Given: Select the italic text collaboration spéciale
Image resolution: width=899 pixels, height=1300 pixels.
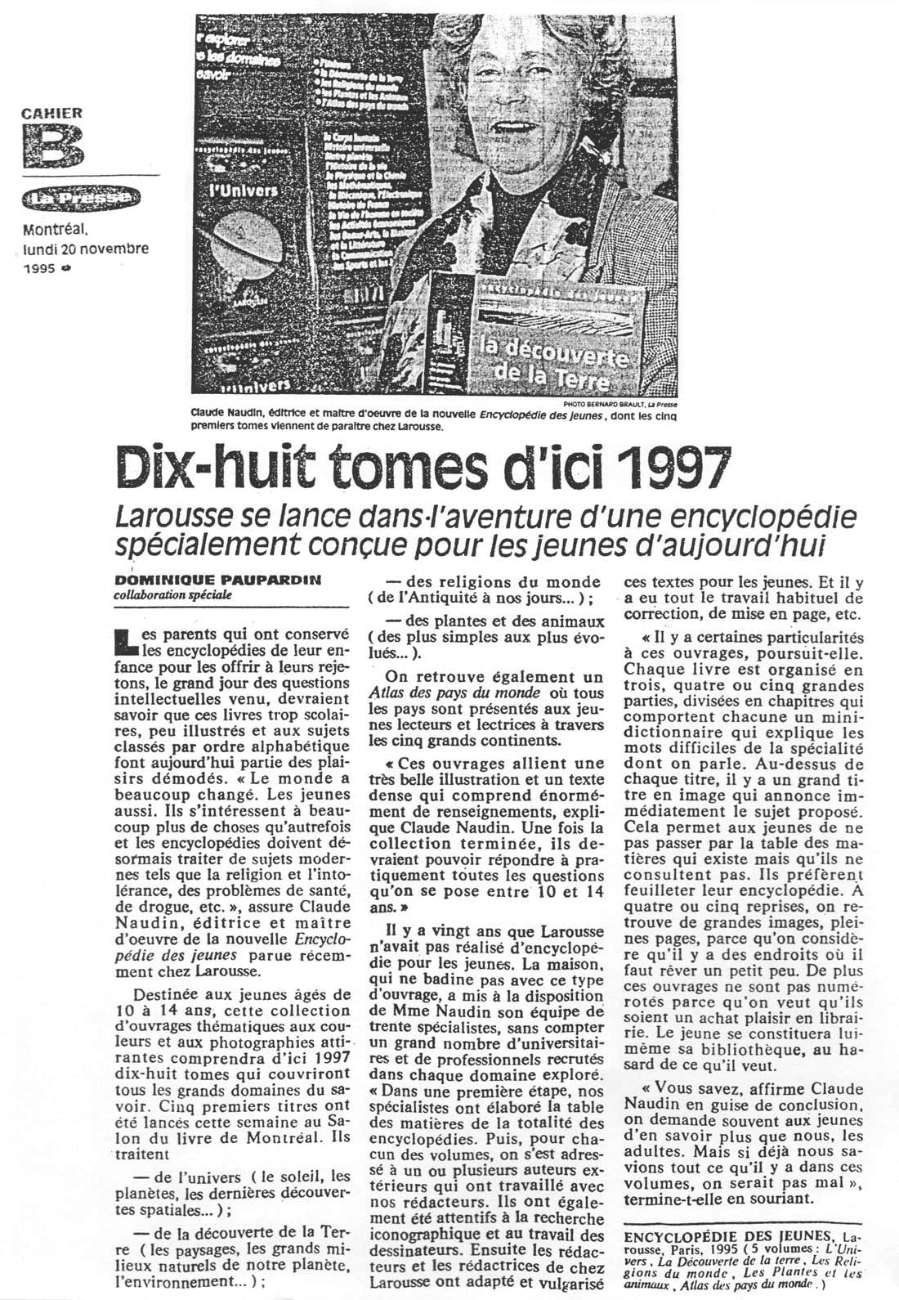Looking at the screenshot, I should [x=173, y=594].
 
